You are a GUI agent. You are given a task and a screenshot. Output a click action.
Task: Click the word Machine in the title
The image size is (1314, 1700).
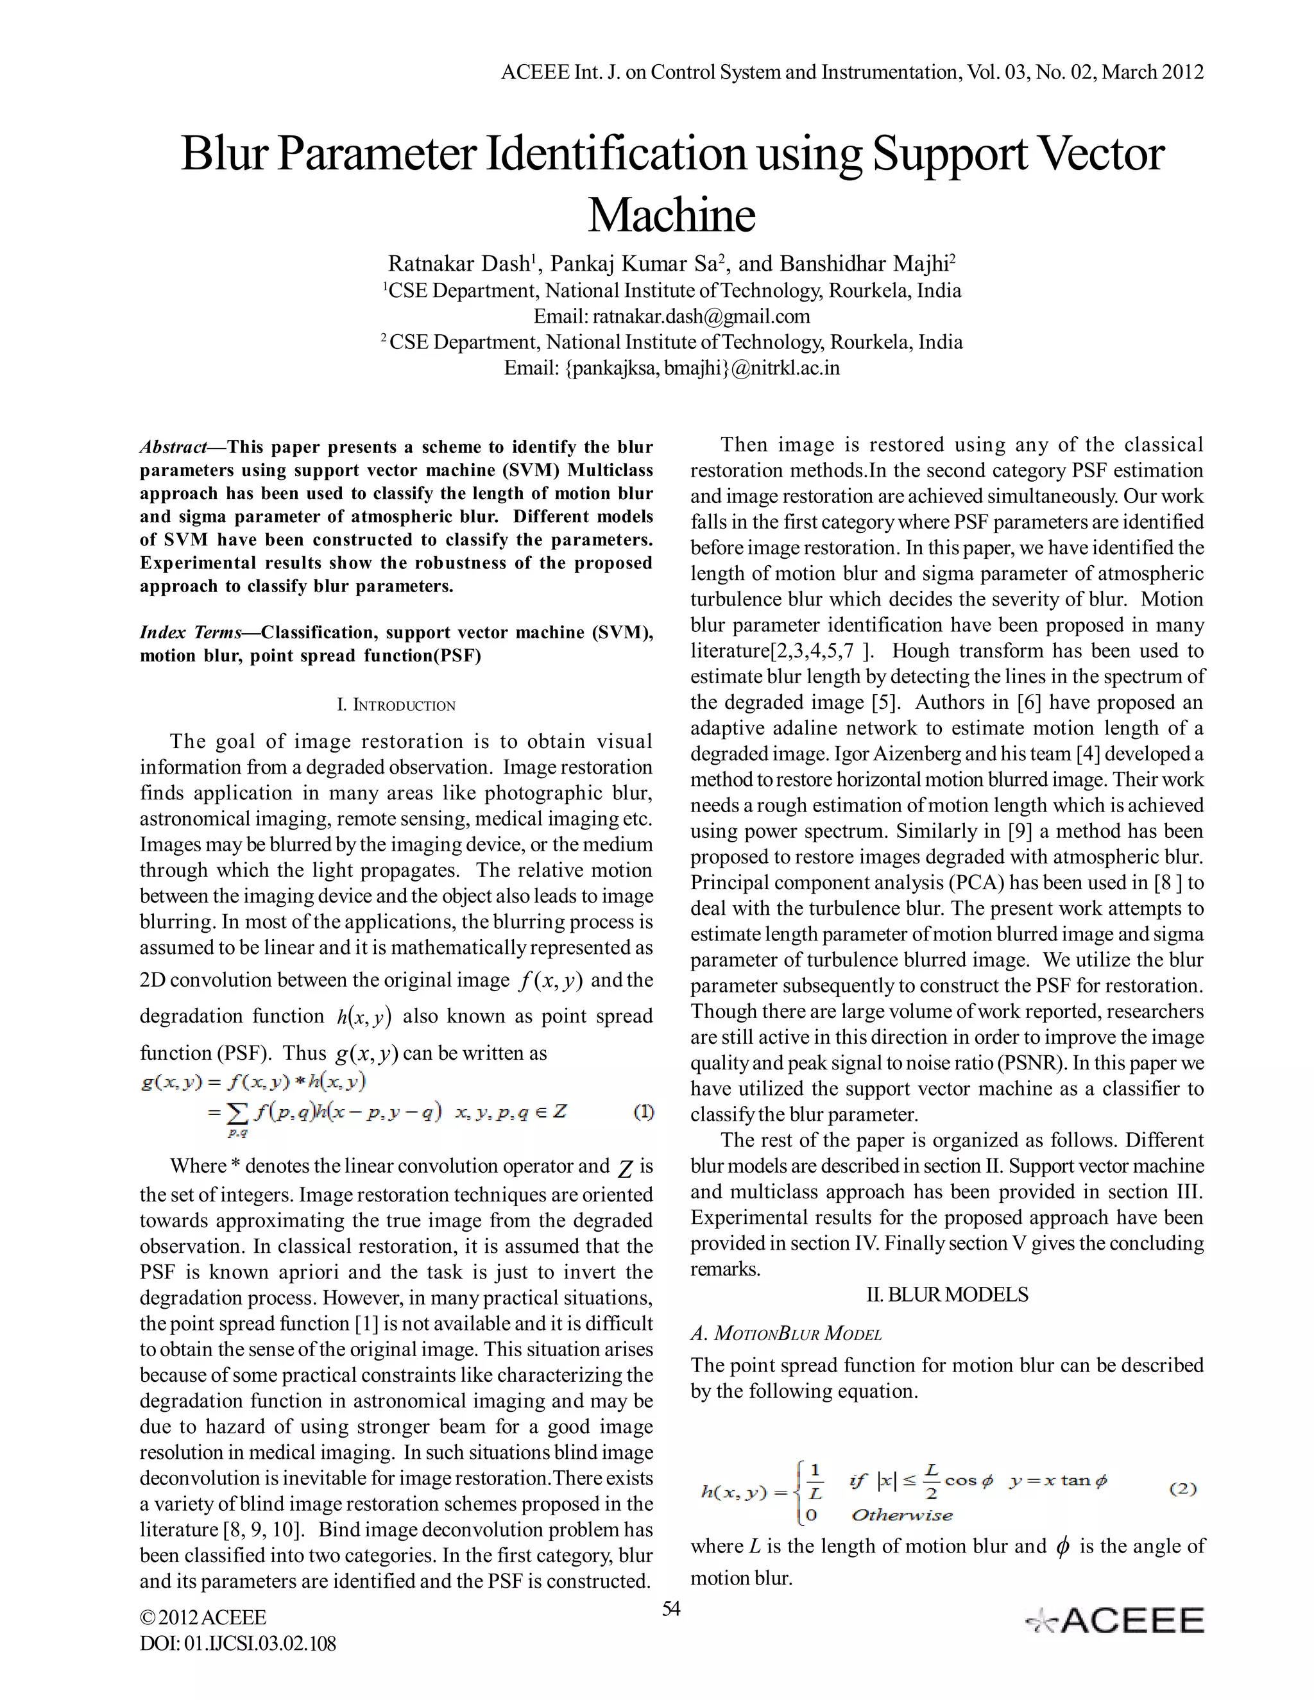click(x=671, y=216)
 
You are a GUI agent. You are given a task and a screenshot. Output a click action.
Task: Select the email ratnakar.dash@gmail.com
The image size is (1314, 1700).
click(x=701, y=316)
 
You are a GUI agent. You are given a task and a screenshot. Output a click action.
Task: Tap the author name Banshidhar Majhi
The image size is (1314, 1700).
click(x=864, y=264)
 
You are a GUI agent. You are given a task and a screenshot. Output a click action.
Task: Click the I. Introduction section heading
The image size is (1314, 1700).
click(x=395, y=705)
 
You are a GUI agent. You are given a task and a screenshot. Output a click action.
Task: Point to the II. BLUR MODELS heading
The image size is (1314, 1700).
click(x=946, y=1295)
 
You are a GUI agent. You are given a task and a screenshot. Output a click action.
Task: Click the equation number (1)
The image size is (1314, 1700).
click(x=643, y=1112)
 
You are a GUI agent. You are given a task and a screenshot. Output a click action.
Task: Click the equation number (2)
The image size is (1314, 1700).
click(x=1182, y=1488)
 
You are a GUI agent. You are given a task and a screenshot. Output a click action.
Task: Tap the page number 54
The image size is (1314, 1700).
click(x=670, y=1609)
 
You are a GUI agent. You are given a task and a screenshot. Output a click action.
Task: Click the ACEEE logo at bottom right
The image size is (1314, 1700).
click(x=1114, y=1620)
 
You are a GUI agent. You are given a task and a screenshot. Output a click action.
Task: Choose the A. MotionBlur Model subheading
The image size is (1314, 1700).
click(x=786, y=1334)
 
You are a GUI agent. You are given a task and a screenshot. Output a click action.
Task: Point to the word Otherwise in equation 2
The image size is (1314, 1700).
click(x=901, y=1515)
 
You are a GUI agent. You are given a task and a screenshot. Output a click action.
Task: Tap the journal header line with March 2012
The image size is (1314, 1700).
click(x=851, y=72)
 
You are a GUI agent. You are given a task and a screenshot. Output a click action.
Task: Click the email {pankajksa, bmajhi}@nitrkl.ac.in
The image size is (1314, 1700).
click(x=671, y=368)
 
